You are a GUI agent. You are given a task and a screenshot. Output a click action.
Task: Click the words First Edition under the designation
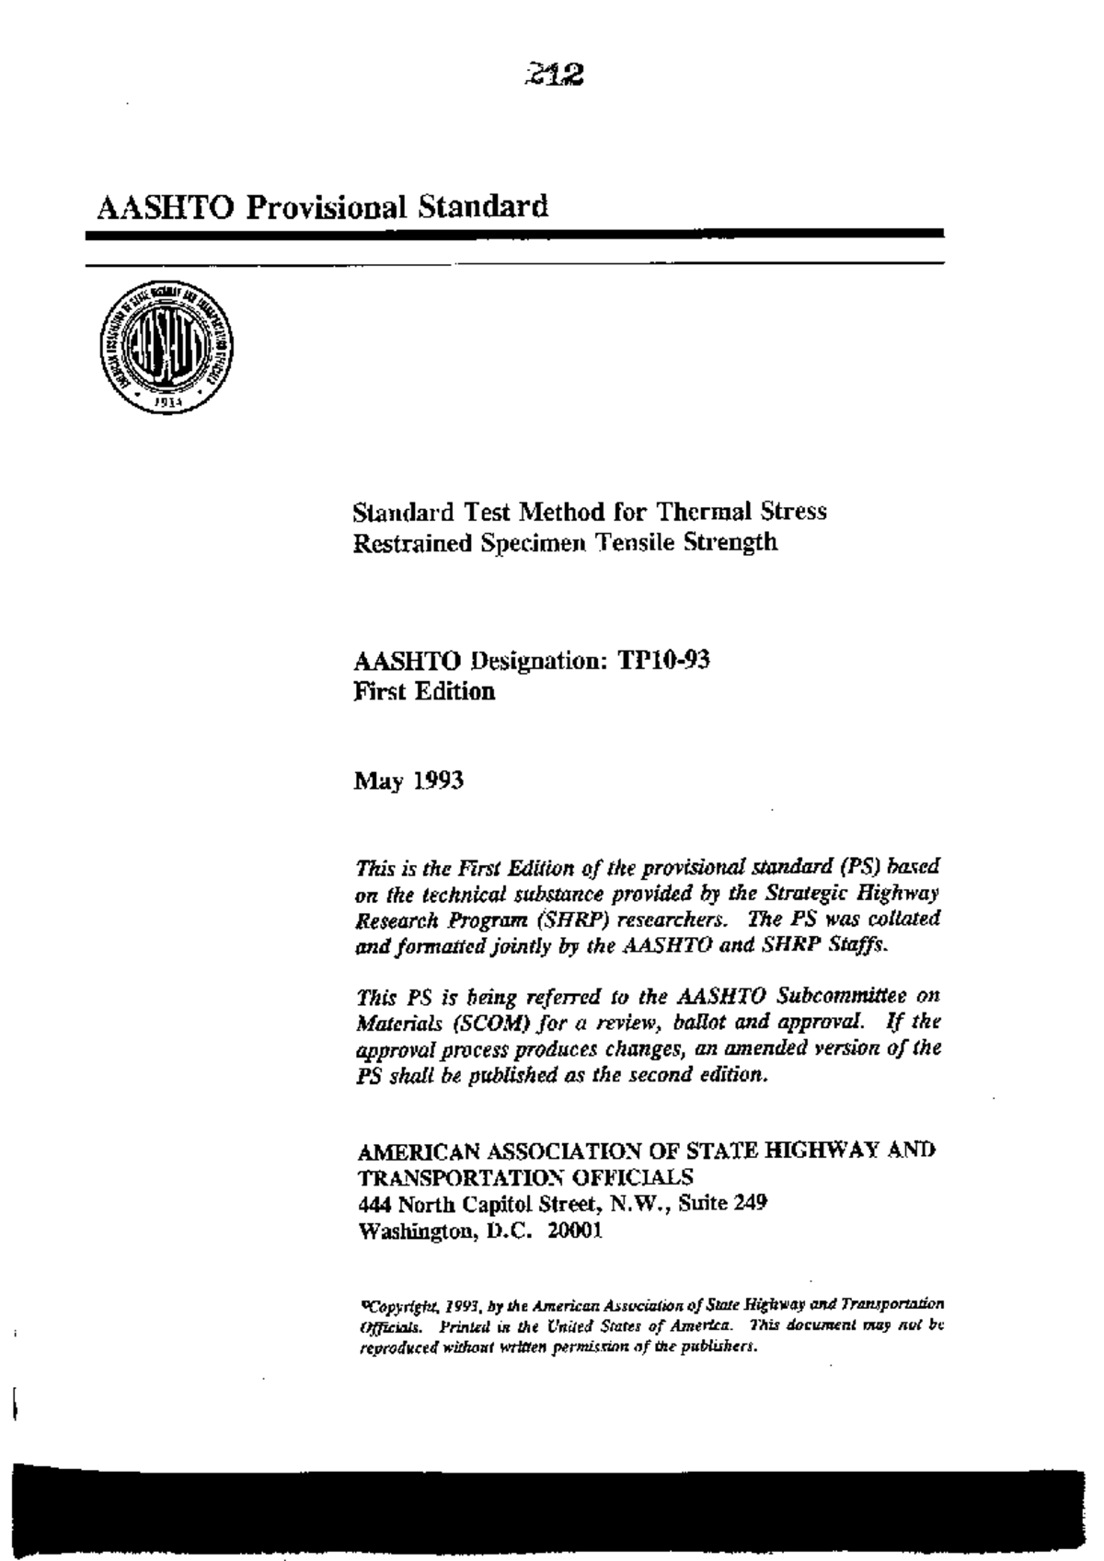[x=424, y=691]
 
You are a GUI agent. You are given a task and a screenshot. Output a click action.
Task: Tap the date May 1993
[x=408, y=781]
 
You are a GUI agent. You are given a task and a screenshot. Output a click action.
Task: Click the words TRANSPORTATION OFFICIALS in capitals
[x=524, y=1177]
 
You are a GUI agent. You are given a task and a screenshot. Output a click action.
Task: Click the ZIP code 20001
[x=575, y=1230]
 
